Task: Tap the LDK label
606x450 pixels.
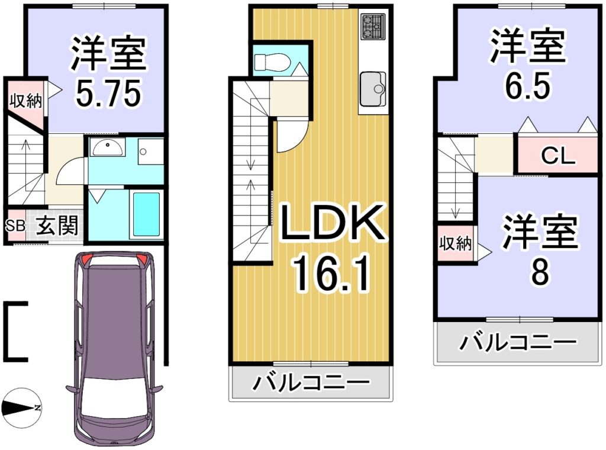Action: coord(333,223)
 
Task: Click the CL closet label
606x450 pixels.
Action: coord(557,156)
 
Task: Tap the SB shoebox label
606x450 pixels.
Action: coord(15,226)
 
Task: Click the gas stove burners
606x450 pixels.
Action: coord(373,26)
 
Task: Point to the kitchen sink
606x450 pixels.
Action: coord(373,89)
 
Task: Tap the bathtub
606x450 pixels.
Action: coord(146,214)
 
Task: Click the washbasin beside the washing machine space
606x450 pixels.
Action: coord(107,147)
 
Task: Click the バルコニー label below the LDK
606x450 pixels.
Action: coord(311,382)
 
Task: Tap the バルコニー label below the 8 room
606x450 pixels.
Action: coord(518,342)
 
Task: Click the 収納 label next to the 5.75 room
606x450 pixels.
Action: coord(25,101)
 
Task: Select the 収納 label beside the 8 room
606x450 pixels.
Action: coord(455,243)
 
